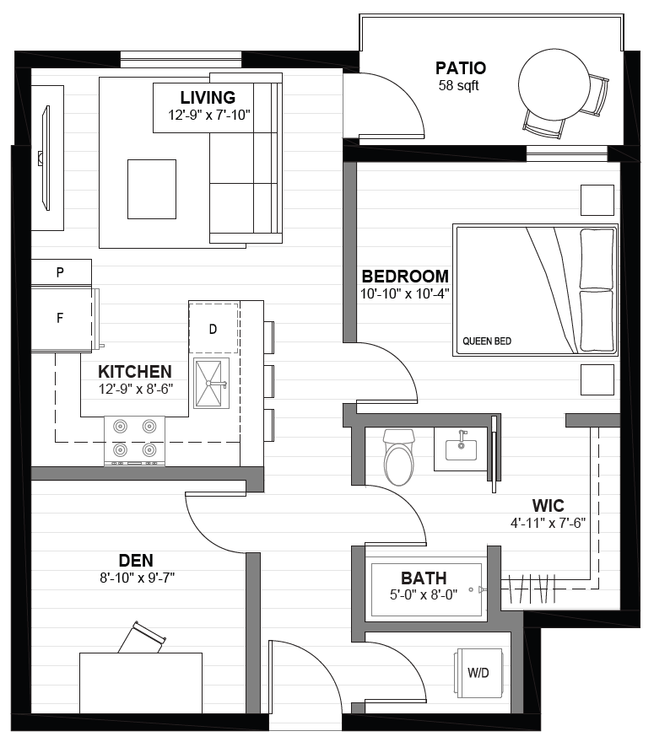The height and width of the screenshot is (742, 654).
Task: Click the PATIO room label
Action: pos(460,68)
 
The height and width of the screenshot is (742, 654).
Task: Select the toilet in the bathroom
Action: pos(399,457)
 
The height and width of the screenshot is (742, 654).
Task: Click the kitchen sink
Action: pos(211,384)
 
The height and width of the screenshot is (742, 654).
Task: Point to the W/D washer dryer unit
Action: pos(478,673)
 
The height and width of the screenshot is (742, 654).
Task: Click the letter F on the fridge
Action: pos(60,318)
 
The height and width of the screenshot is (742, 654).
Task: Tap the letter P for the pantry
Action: pos(60,272)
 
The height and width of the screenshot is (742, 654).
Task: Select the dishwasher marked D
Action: pos(213,328)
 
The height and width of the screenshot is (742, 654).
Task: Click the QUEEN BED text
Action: pos(487,341)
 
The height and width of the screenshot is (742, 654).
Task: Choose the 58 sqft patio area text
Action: pos(458,86)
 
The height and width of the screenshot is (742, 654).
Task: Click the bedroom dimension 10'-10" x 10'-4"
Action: pos(404,294)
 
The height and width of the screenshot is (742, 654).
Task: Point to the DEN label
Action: pos(136,560)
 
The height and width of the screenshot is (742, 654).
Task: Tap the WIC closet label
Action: pos(548,505)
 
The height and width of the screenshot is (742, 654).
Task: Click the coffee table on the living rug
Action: pos(152,189)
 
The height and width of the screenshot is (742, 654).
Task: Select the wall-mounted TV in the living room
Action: pos(45,158)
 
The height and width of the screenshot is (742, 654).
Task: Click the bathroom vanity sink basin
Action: pos(461,448)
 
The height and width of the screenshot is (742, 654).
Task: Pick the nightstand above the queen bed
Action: pos(597,200)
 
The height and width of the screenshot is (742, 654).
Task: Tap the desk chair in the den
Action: pos(142,638)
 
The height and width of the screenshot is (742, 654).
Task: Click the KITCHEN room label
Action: pos(135,372)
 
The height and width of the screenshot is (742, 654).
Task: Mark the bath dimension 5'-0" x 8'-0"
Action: pos(424,594)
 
